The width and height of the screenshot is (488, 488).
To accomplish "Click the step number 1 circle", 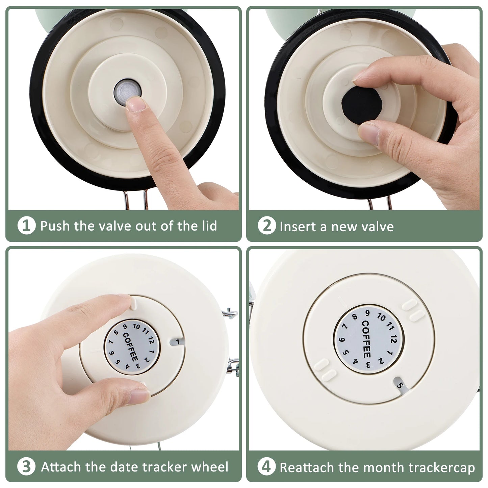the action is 26,225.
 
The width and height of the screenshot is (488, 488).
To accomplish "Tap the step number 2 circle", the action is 267,225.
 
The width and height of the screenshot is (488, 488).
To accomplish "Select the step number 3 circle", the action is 26,466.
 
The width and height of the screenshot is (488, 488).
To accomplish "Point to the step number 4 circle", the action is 266,466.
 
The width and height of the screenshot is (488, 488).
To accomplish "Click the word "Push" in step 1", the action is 55,226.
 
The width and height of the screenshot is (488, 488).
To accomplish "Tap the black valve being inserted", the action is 362,105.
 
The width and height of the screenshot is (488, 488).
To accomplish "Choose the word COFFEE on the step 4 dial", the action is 366,339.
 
